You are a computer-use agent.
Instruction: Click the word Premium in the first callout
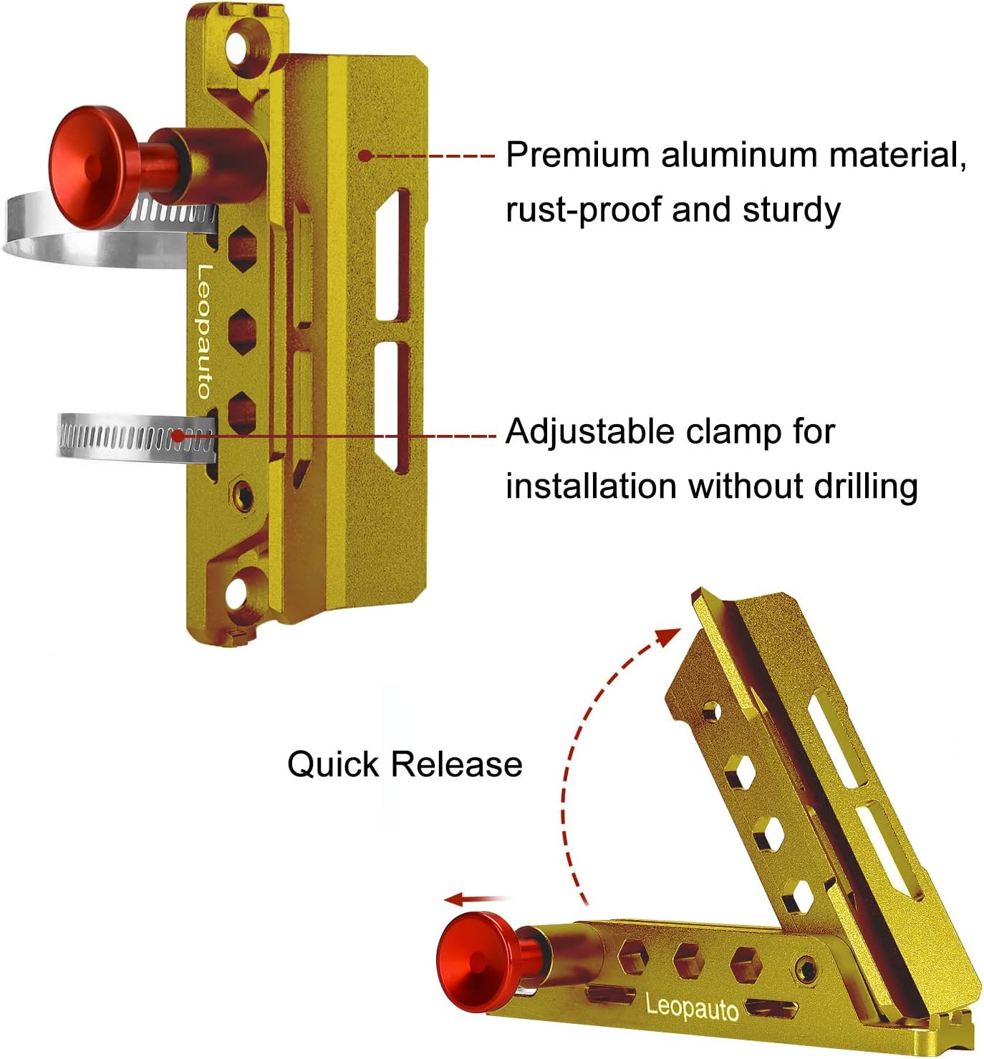tap(577, 155)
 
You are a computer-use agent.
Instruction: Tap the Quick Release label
tap(405, 764)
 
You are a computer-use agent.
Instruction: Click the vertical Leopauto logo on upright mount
tap(204, 331)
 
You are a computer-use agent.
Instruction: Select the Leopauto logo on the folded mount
tap(691, 1007)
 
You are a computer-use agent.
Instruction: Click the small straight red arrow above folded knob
tap(473, 899)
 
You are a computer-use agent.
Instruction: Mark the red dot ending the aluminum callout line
tap(365, 155)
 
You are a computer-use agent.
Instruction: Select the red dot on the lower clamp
tap(178, 435)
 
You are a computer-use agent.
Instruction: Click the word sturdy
tap(791, 211)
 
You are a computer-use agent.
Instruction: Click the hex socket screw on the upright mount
tap(243, 494)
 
